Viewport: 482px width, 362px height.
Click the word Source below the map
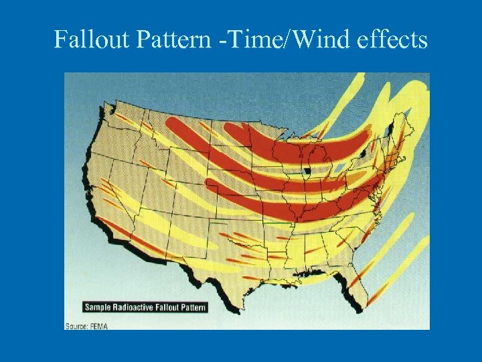click(76, 325)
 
